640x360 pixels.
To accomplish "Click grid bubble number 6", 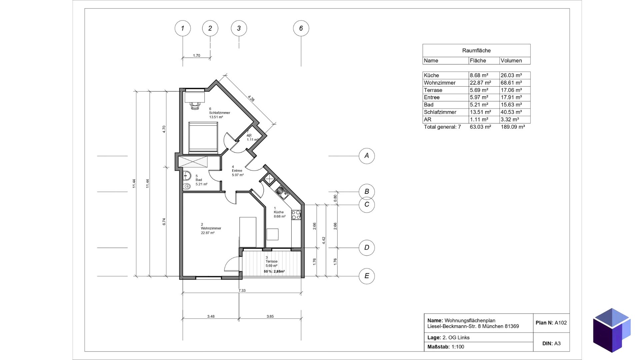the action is [x=301, y=28].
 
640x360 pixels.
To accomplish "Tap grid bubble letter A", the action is [x=367, y=156].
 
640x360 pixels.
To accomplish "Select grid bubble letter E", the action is [x=367, y=276].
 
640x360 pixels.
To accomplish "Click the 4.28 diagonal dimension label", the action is [x=251, y=99].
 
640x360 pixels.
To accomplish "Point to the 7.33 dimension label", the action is [x=242, y=291].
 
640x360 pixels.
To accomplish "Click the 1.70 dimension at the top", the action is [x=197, y=56].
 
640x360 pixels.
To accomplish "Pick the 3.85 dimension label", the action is [x=270, y=316].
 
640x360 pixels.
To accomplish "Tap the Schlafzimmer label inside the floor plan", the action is [x=220, y=113].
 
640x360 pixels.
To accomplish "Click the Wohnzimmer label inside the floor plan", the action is [x=211, y=228].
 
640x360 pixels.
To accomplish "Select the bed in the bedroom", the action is [x=203, y=137].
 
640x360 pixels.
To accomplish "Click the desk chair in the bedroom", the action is [x=195, y=106].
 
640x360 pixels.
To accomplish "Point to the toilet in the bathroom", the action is [x=187, y=186].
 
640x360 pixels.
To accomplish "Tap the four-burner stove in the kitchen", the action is [x=296, y=215].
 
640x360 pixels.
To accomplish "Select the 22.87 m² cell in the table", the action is [x=480, y=83].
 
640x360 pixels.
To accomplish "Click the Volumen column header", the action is [x=511, y=61].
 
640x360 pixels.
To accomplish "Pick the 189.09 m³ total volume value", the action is [x=513, y=127].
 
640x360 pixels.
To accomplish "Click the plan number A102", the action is [x=561, y=323].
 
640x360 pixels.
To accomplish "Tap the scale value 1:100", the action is [x=458, y=347].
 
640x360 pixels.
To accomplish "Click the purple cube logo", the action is [x=612, y=330].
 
